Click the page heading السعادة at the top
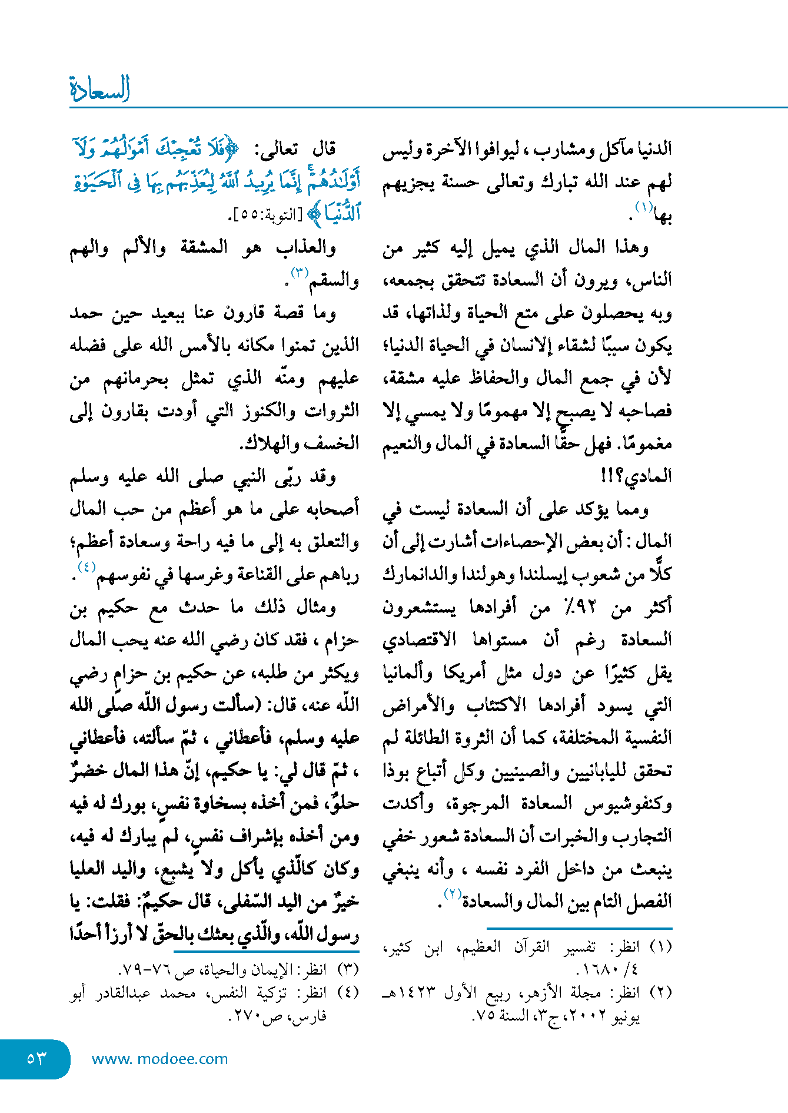pyautogui.click(x=99, y=89)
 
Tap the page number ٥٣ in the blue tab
pyautogui.click(x=36, y=1058)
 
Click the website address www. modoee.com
pyautogui.click(x=159, y=1059)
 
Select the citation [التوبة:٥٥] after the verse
pyautogui.click(x=264, y=216)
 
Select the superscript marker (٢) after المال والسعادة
pyautogui.click(x=452, y=894)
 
